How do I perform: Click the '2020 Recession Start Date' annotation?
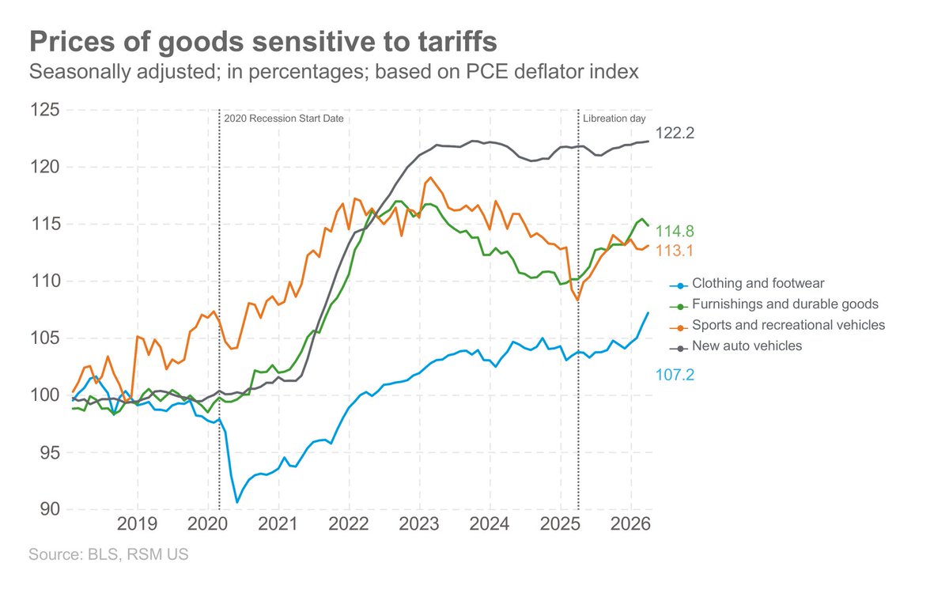(x=283, y=119)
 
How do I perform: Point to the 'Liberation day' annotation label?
(x=614, y=119)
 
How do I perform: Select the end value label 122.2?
(x=675, y=134)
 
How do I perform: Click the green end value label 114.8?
(x=675, y=231)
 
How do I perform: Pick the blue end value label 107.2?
(x=675, y=374)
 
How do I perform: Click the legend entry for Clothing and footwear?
(x=758, y=282)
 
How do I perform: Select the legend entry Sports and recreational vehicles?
(x=788, y=325)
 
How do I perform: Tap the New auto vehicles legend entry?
(x=747, y=346)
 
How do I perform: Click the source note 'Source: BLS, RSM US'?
(x=108, y=555)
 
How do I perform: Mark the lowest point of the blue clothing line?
(x=237, y=501)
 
